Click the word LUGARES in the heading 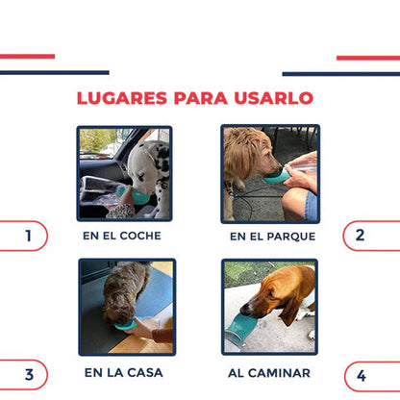click(122, 98)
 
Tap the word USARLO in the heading click(274, 98)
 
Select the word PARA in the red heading click(201, 98)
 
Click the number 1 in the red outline click(29, 236)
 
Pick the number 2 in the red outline click(360, 236)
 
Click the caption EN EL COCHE click(122, 236)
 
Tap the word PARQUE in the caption click(291, 237)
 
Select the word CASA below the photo click(145, 373)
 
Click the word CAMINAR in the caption click(279, 373)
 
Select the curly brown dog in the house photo click(126, 291)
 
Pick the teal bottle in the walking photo click(240, 329)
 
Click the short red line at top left click(27, 57)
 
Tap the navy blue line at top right click(341, 74)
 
